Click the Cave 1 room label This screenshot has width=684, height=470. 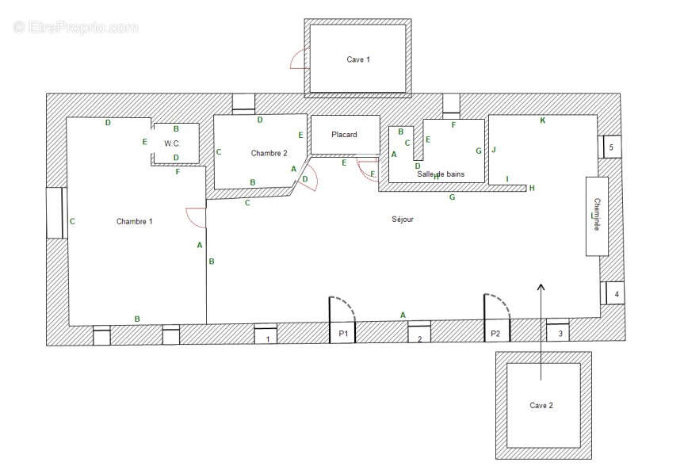pyautogui.click(x=358, y=59)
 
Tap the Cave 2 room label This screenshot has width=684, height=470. pyautogui.click(x=541, y=406)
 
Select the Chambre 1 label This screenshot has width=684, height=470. pyautogui.click(x=135, y=222)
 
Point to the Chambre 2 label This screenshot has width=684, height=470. pyautogui.click(x=269, y=153)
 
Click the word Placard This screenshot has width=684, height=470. pyautogui.click(x=344, y=135)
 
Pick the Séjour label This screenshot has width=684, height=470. pyautogui.click(x=402, y=219)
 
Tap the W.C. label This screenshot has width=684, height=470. pyautogui.click(x=171, y=143)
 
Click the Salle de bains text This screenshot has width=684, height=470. pyautogui.click(x=441, y=174)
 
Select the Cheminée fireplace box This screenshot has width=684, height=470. pyautogui.click(x=597, y=216)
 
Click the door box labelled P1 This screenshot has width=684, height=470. pyautogui.click(x=342, y=333)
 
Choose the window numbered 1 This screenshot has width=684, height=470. pyautogui.click(x=266, y=335)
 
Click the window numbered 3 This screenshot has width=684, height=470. pyautogui.click(x=558, y=330)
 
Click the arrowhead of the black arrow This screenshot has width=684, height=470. pyautogui.click(x=541, y=287)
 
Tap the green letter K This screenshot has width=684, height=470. pyautogui.click(x=543, y=120)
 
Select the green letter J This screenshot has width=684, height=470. pyautogui.click(x=494, y=150)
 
